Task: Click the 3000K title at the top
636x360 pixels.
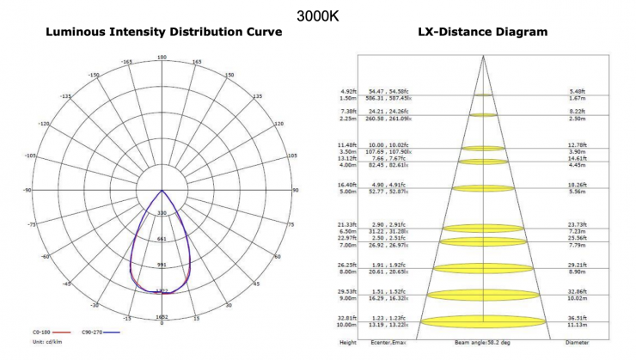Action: pyautogui.click(x=317, y=15)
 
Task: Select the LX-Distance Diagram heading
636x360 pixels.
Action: pyautogui.click(x=482, y=34)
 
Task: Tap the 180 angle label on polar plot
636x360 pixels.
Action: pyautogui.click(x=162, y=57)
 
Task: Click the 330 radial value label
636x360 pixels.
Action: pyautogui.click(x=162, y=212)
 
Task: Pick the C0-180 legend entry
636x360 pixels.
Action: pyautogui.click(x=48, y=333)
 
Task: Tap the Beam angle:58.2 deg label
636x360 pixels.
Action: pyautogui.click(x=483, y=341)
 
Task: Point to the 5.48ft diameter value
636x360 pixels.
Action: pyautogui.click(x=576, y=90)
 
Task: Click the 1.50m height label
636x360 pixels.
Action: pyautogui.click(x=348, y=98)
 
